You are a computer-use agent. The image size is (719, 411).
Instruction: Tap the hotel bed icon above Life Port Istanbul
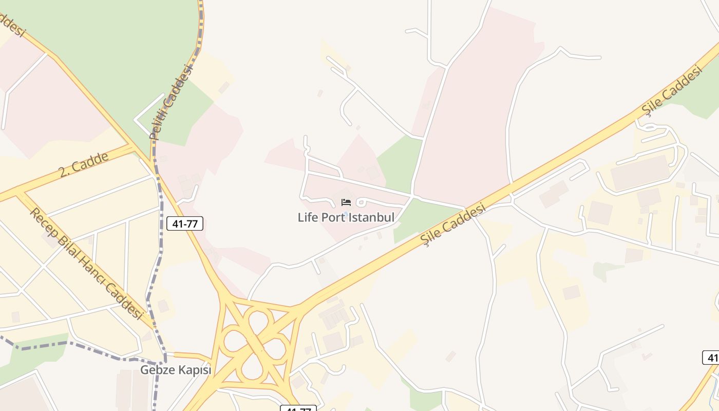pyautogui.click(x=346, y=202)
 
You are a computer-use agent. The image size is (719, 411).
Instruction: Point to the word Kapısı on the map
pyautogui.click(x=194, y=370)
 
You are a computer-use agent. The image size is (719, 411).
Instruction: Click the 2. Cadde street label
pyautogui.click(x=83, y=164)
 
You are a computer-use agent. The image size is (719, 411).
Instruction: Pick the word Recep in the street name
pyautogui.click(x=43, y=221)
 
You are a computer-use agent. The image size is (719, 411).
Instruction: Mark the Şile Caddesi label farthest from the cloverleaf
pyautogui.click(x=671, y=91)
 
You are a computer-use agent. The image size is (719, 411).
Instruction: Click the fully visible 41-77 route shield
pyautogui.click(x=185, y=223)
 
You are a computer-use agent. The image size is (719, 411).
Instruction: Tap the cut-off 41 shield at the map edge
pyautogui.click(x=712, y=358)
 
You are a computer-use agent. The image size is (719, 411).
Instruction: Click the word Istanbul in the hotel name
pyautogui.click(x=370, y=217)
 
